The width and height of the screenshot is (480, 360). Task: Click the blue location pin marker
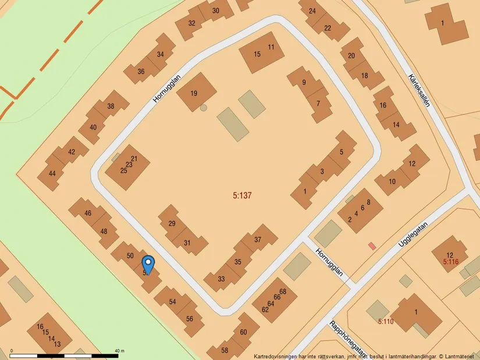tap(148, 265)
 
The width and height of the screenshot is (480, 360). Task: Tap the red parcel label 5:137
tap(242, 196)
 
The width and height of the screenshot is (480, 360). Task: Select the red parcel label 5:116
tap(451, 262)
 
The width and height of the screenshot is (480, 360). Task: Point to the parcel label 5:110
tap(386, 321)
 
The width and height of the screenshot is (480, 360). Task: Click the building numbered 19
tap(193, 92)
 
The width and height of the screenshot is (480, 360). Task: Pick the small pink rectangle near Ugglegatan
tap(372, 246)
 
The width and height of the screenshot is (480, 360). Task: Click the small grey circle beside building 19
tap(203, 108)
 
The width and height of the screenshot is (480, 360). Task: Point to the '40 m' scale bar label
tap(120, 351)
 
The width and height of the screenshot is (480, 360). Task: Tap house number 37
tap(258, 240)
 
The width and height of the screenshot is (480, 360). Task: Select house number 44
tap(52, 173)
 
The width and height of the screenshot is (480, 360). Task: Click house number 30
tap(216, 10)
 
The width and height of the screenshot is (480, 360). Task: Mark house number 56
tap(190, 319)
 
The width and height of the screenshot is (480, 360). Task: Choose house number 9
tap(304, 82)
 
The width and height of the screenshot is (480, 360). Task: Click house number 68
tap(283, 291)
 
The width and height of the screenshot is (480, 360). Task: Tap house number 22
tap(328, 28)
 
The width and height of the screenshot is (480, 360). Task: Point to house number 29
tap(172, 224)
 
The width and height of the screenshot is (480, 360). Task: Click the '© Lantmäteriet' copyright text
tap(457, 356)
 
